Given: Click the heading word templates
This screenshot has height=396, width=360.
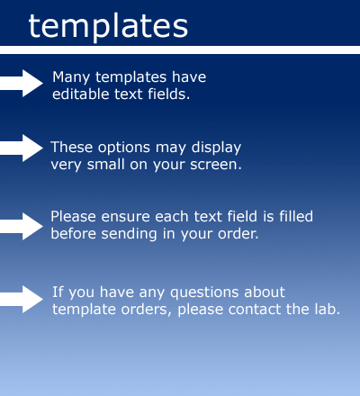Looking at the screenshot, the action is pyautogui.click(x=108, y=26).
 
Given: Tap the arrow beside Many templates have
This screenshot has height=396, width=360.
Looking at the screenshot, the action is pyautogui.click(x=22, y=84).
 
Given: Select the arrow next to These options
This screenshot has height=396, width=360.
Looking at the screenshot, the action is pyautogui.click(x=22, y=148).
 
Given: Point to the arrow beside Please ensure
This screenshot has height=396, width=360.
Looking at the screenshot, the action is pyautogui.click(x=22, y=226).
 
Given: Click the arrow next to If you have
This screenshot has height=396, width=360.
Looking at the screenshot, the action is pyautogui.click(x=22, y=299).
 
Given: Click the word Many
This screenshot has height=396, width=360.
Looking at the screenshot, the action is pyautogui.click(x=71, y=78).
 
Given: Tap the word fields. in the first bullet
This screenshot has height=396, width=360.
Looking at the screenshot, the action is pyautogui.click(x=169, y=94).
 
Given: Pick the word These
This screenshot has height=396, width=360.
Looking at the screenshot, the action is pyautogui.click(x=71, y=148).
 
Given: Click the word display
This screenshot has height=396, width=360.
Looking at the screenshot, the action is pyautogui.click(x=216, y=148).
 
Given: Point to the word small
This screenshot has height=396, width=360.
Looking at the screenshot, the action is pyautogui.click(x=105, y=165).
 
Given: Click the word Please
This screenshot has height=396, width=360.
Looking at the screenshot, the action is pyautogui.click(x=73, y=217).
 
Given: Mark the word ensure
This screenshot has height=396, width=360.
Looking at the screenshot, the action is pyautogui.click(x=125, y=218).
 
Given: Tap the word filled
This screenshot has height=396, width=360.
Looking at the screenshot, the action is pyautogui.click(x=296, y=217).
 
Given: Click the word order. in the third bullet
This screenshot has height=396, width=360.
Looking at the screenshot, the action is pyautogui.click(x=238, y=234).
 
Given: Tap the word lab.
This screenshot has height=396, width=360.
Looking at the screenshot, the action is pyautogui.click(x=328, y=309).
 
